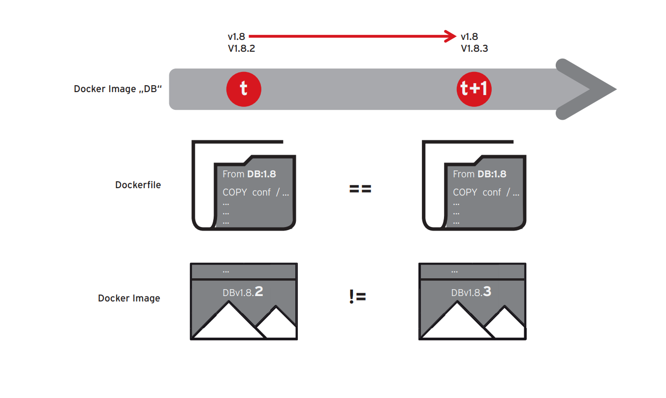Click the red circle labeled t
click(243, 89)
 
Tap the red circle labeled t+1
click(474, 89)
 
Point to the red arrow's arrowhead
click(451, 36)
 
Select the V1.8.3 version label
click(474, 48)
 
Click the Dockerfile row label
click(138, 185)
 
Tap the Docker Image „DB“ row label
click(118, 89)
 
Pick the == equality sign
click(360, 189)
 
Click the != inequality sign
click(357, 297)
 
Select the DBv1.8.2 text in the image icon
click(243, 292)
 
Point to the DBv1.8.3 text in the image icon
click(471, 292)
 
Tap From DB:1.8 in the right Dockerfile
click(479, 174)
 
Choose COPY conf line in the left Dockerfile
click(255, 192)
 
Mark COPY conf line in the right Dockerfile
click(486, 192)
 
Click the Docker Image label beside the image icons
click(129, 298)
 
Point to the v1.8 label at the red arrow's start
click(236, 36)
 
